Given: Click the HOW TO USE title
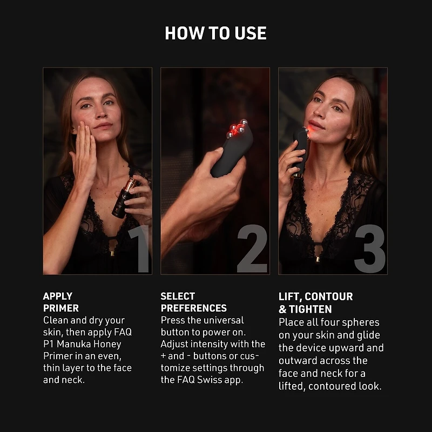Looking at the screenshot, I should point(215,33).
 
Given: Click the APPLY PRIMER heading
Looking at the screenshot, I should point(60,302).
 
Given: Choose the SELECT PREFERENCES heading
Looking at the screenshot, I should point(193,302).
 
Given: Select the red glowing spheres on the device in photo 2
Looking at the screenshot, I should point(235,129).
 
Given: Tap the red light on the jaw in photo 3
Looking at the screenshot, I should point(306,131).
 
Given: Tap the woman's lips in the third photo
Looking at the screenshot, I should point(316,125).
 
